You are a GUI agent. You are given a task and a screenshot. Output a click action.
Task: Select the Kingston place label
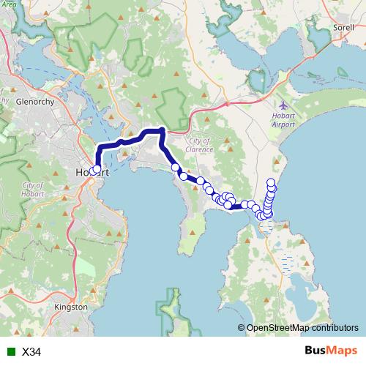point(71,307)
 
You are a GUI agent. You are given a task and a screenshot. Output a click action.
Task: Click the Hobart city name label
point(91,173)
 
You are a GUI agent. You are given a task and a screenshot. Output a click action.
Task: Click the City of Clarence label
point(199,145)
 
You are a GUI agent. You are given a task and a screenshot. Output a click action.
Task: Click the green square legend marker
point(9,352)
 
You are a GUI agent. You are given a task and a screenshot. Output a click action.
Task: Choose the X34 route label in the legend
point(31,352)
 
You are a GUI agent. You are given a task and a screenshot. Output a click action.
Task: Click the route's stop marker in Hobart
point(97,169)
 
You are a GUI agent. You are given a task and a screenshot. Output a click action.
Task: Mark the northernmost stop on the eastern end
point(272,182)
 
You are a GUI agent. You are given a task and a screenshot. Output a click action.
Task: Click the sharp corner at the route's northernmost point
point(162,130)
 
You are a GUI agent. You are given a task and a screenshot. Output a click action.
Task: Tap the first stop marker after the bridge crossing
point(176,168)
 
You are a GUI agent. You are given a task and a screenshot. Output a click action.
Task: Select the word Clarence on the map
point(199,149)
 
